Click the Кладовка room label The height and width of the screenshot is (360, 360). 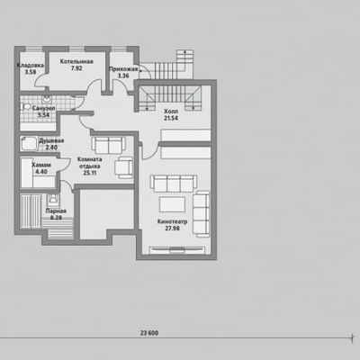point(31,65)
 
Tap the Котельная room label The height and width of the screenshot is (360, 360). point(76,61)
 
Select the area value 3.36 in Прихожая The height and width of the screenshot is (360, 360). point(123,76)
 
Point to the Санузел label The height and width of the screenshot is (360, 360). point(44,108)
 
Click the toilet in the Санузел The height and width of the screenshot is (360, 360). point(25,106)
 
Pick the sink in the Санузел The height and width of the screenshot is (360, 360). point(47,99)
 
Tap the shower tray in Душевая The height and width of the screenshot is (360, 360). point(29,144)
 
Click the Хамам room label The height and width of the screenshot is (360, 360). point(41,165)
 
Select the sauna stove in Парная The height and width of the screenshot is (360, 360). point(53,200)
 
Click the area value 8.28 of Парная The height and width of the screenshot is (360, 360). point(56,218)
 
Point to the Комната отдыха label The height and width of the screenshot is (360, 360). point(89,163)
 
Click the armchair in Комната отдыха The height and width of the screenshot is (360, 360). point(123,167)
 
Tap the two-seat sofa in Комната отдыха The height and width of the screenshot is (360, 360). point(109,146)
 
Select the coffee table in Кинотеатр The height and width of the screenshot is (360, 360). point(172,204)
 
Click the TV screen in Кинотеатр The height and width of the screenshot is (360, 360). point(177,249)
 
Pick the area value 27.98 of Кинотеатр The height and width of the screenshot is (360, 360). point(172,229)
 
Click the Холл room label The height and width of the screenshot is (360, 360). point(171,112)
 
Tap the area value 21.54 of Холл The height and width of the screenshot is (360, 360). point(171,118)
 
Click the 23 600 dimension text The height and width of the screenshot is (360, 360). point(149,333)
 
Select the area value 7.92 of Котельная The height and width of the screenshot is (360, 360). point(76,68)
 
